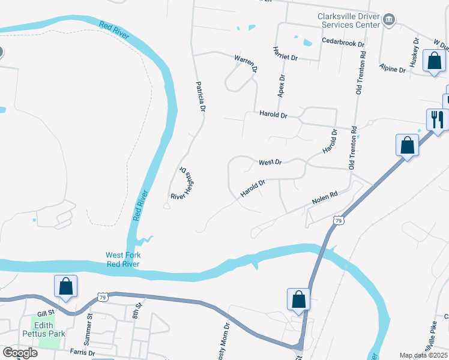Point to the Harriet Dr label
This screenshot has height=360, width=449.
285,53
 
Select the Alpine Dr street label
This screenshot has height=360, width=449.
393,69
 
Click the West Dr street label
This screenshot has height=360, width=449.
270,162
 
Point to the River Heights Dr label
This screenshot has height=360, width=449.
183,183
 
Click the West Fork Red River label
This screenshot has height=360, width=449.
122,259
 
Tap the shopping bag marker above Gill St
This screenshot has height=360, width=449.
65,286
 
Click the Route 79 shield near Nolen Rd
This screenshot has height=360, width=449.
339,221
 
